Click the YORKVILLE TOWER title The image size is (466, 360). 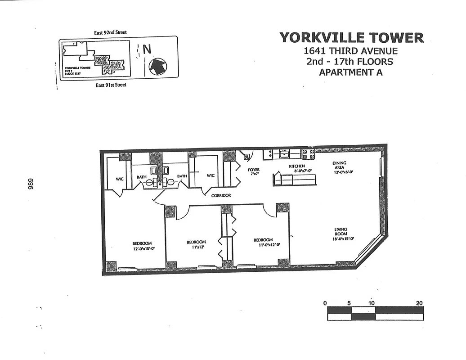(x=351, y=37)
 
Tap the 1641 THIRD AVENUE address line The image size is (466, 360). (x=350, y=51)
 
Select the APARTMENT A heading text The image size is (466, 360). (x=350, y=72)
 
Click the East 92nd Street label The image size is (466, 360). (x=110, y=32)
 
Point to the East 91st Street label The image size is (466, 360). (x=111, y=85)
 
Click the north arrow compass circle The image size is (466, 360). (x=158, y=67)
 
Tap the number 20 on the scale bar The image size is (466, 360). (x=419, y=303)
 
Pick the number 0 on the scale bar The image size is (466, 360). (x=325, y=303)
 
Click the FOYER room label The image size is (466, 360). (x=254, y=172)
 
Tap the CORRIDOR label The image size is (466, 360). (x=221, y=196)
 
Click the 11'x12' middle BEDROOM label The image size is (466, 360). (x=196, y=244)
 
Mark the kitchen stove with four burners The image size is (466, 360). (x=308, y=154)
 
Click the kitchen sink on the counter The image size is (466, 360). (x=284, y=154)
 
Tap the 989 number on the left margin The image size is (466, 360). (x=31, y=185)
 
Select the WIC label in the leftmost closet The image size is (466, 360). (x=119, y=179)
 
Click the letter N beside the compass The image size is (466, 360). (x=147, y=49)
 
